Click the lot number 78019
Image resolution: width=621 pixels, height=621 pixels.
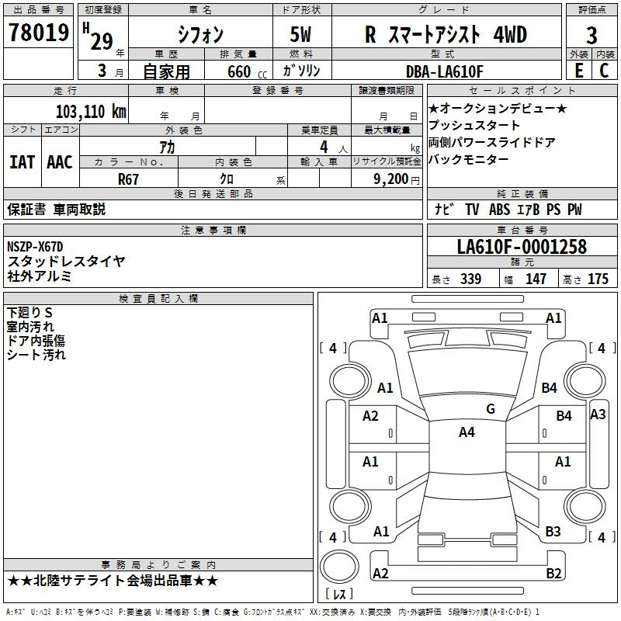click(x=39, y=32)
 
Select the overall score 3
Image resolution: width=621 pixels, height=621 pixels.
click(x=592, y=35)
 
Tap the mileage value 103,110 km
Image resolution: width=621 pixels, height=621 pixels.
click(x=91, y=112)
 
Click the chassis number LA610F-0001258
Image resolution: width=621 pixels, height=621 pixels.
click(x=522, y=246)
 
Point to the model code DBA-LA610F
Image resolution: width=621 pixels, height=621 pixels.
click(x=444, y=71)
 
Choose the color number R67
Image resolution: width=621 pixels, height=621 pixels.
click(x=128, y=179)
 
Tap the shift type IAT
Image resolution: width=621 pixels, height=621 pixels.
click(x=22, y=162)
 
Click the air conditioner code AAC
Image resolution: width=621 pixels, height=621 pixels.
click(x=60, y=162)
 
